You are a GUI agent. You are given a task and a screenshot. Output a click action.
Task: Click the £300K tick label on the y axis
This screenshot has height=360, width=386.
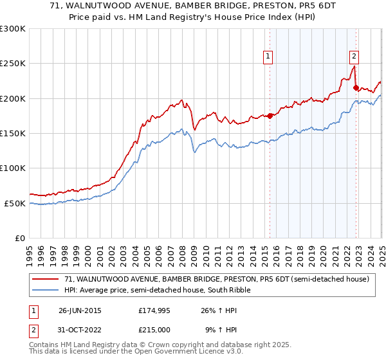click(13, 29)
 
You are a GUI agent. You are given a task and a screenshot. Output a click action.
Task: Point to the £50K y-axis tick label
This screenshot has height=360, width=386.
click(15, 203)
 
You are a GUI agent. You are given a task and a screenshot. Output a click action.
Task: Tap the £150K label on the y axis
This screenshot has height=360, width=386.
click(13, 134)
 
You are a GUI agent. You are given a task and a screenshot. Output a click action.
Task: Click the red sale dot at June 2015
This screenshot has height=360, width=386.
click(270, 116)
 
